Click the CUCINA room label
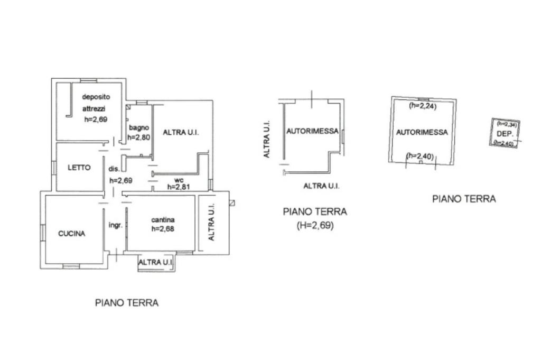(72, 234)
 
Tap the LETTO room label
(79, 168)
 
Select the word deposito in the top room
(96, 97)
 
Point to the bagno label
(139, 127)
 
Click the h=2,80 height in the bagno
(139, 136)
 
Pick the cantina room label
(163, 220)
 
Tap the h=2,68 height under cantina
(163, 229)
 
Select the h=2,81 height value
(179, 186)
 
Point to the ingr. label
(116, 225)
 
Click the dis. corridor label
(114, 169)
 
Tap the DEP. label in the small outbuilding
(505, 134)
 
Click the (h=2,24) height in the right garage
(422, 105)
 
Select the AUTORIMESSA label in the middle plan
(312, 132)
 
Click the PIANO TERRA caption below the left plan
(127, 303)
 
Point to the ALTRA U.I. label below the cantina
(156, 262)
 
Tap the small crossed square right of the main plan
(232, 202)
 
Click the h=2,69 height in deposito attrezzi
(96, 119)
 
